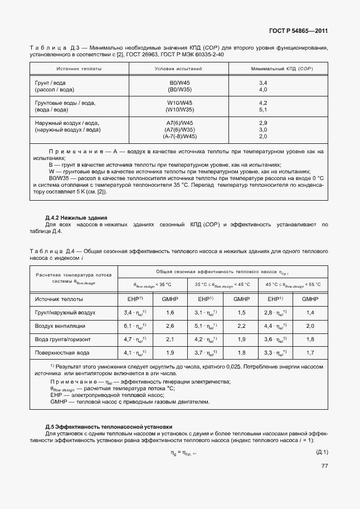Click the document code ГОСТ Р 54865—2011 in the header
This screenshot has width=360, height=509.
click(298, 32)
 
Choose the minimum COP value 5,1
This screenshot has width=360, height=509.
click(263, 110)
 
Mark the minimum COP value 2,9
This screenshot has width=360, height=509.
click(263, 123)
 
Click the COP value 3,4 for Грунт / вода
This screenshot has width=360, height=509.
click(263, 83)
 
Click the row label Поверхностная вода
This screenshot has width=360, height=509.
click(61, 352)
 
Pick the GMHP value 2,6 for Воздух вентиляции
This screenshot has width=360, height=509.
click(171, 326)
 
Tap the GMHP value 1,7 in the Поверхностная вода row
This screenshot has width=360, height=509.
click(310, 352)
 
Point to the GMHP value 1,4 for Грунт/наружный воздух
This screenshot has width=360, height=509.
click(310, 313)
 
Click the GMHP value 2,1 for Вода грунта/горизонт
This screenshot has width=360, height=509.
click(171, 339)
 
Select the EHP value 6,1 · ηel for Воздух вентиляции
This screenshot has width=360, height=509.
click(135, 326)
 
